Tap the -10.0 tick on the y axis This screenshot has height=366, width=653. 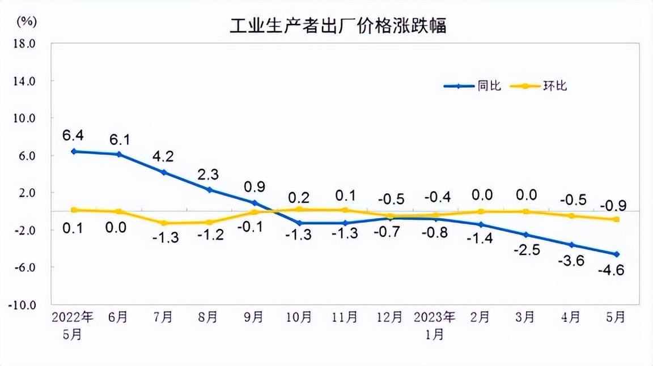click(23, 305)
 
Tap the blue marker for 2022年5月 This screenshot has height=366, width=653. click(74, 151)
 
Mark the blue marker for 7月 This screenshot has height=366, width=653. click(164, 172)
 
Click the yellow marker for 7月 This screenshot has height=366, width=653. click(164, 223)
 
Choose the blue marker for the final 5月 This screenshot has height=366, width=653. click(617, 254)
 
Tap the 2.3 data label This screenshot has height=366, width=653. click(209, 174)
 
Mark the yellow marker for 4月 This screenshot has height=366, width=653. click(571, 216)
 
